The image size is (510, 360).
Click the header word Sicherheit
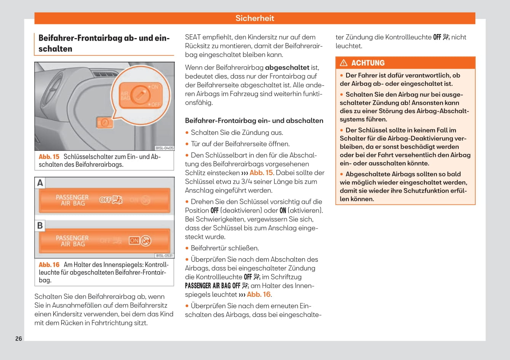(254, 18)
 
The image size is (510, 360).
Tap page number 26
(19, 339)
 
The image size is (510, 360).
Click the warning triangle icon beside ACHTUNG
(344, 63)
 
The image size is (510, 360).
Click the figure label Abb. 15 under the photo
(49, 157)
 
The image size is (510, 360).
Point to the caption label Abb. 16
(49, 265)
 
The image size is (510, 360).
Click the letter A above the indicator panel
(40, 183)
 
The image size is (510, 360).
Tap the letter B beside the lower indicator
(40, 226)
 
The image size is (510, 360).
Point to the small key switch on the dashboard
(104, 123)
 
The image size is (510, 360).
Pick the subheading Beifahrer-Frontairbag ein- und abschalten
(254, 121)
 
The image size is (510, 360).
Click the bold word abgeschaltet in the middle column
(287, 67)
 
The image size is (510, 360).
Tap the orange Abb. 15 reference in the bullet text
(261, 173)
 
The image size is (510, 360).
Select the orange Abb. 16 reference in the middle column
(259, 294)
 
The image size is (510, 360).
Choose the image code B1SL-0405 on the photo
(165, 148)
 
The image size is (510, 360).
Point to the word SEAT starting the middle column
(193, 37)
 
